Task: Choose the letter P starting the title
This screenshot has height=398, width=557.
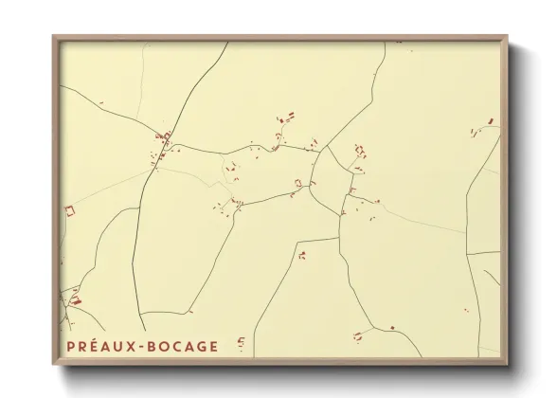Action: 70,347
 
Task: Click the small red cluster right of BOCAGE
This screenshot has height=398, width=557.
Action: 241,343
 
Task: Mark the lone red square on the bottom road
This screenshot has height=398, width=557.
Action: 391,328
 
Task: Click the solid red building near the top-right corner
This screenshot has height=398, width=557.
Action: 490,121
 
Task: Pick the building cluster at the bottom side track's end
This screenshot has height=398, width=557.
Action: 358,335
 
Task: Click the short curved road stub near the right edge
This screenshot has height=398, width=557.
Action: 488,276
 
